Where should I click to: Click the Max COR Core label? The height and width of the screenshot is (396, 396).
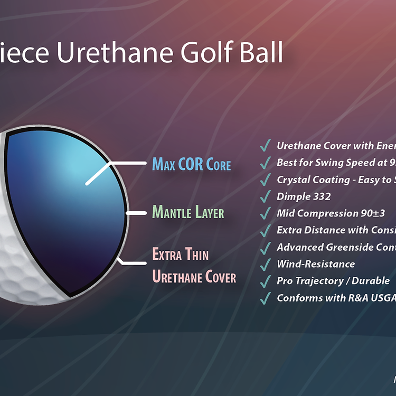(191, 164)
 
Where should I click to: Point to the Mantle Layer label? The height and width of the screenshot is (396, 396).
(188, 213)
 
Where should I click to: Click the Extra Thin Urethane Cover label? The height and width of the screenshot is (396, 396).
(194, 266)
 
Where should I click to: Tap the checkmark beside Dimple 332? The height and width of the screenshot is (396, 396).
(266, 197)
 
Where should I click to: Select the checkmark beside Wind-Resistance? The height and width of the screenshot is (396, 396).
(266, 265)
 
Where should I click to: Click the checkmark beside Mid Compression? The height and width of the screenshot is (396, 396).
(266, 214)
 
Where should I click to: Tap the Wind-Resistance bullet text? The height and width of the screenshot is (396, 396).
(316, 264)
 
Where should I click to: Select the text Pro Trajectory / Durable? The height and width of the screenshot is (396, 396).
(333, 281)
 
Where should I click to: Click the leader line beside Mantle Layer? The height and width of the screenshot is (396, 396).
(136, 213)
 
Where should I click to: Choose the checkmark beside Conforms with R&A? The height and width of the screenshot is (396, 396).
(266, 298)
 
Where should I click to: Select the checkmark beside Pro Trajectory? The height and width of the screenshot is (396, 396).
(266, 281)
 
